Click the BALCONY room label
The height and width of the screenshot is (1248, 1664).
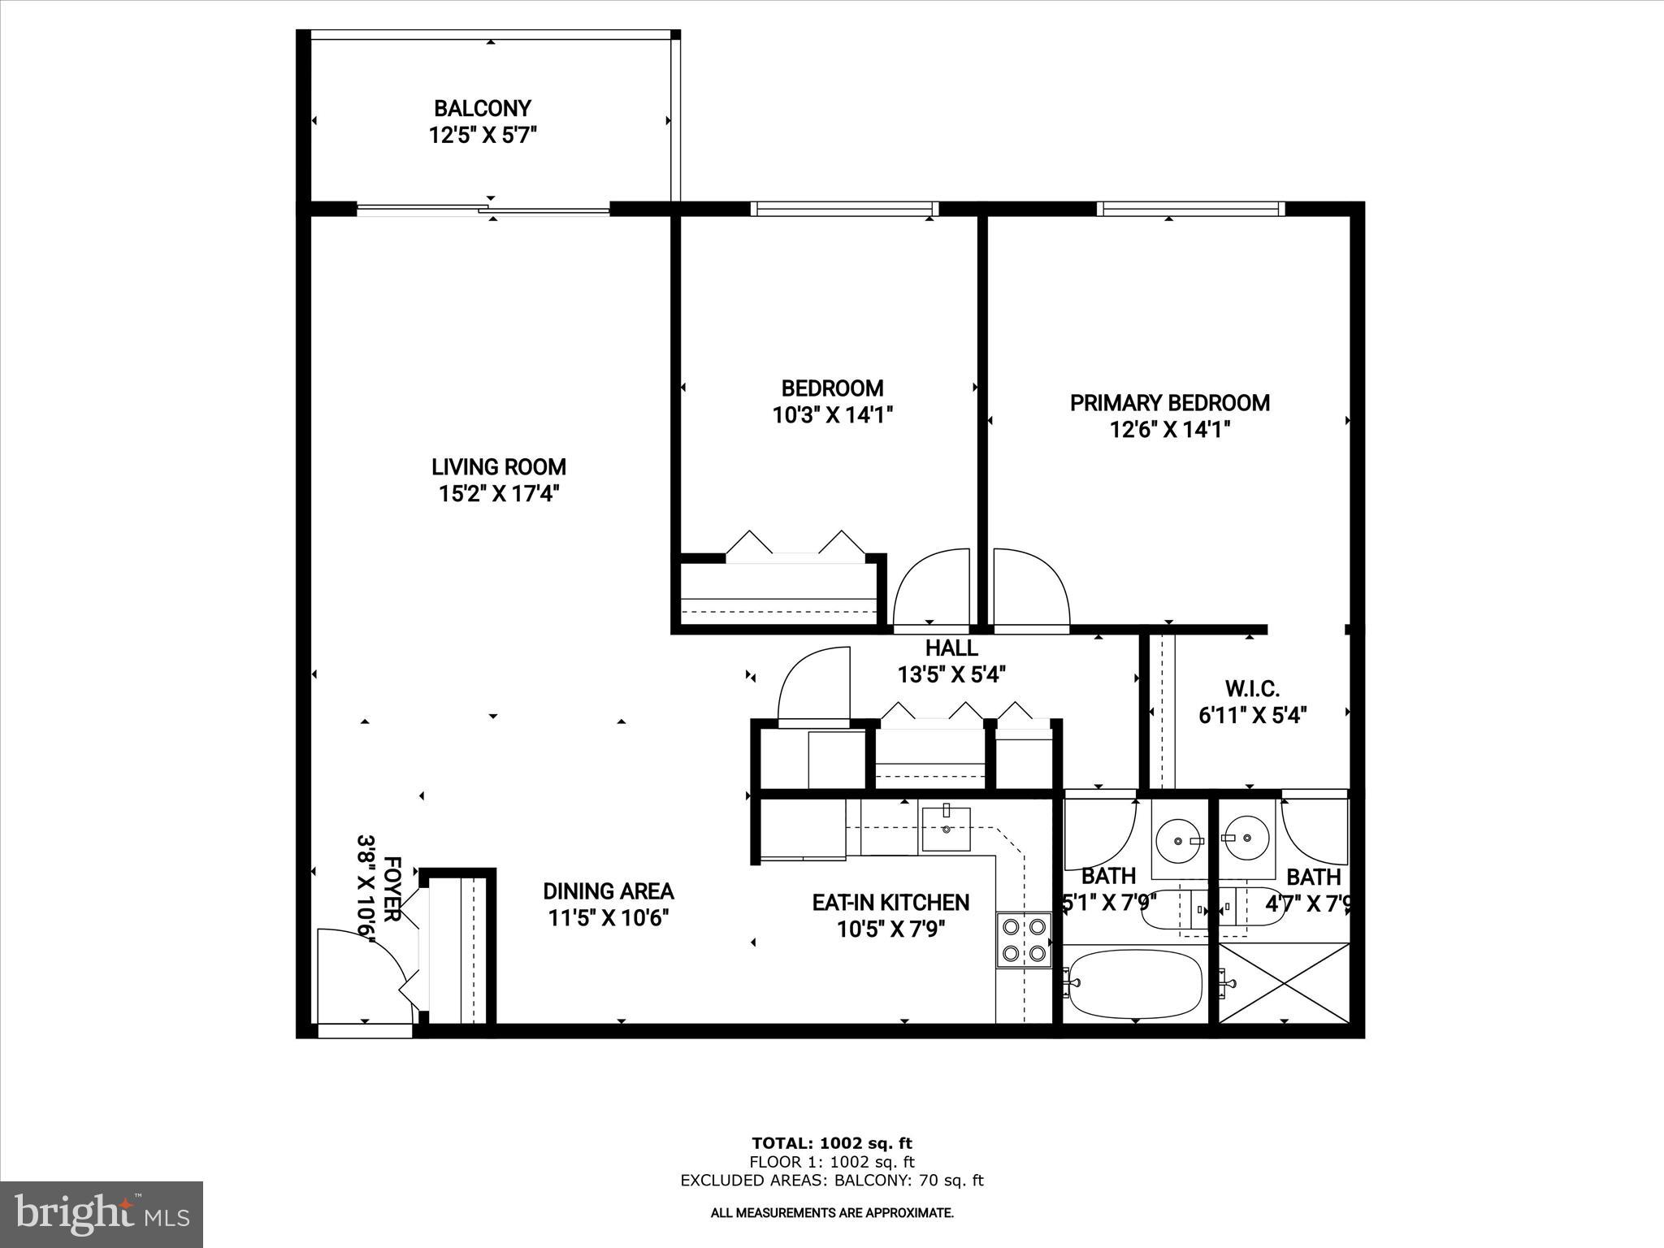(482, 108)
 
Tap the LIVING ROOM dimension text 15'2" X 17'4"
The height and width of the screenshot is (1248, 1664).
(499, 493)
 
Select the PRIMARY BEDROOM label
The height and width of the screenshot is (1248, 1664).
(1169, 403)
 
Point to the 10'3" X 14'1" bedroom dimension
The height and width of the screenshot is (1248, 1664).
(832, 416)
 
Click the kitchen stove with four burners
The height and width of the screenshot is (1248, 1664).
(1024, 939)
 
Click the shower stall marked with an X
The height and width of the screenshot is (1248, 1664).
(1285, 982)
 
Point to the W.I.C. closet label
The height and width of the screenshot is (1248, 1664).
(1252, 689)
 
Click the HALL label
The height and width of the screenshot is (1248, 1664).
(951, 648)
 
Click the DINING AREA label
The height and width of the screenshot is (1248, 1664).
(608, 891)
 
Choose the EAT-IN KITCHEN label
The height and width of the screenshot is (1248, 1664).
(890, 903)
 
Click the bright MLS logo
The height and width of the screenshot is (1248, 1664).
(102, 1214)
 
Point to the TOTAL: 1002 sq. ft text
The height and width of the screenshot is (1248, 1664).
(832, 1144)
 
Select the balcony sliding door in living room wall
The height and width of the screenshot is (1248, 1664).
(483, 210)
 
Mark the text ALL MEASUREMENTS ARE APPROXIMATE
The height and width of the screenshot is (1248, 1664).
(832, 1213)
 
